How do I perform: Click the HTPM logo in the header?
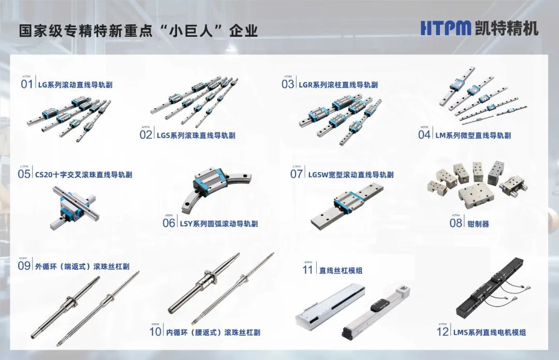click(446, 28)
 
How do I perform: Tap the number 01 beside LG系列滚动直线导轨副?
click(27, 84)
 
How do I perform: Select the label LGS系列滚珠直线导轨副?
click(196, 135)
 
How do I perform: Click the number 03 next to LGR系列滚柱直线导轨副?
click(288, 84)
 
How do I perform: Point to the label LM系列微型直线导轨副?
click(473, 135)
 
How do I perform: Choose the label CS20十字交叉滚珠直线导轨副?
click(84, 175)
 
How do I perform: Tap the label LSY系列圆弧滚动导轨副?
click(218, 224)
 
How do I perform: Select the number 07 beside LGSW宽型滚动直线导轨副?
click(297, 174)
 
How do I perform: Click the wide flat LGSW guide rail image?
click(347, 205)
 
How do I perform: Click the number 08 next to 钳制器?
click(455, 223)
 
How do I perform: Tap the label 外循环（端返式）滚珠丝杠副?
click(82, 266)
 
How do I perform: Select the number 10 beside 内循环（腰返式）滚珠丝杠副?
click(155, 332)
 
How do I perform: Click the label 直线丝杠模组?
click(341, 270)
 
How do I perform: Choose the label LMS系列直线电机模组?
click(490, 332)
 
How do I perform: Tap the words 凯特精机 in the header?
click(507, 28)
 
